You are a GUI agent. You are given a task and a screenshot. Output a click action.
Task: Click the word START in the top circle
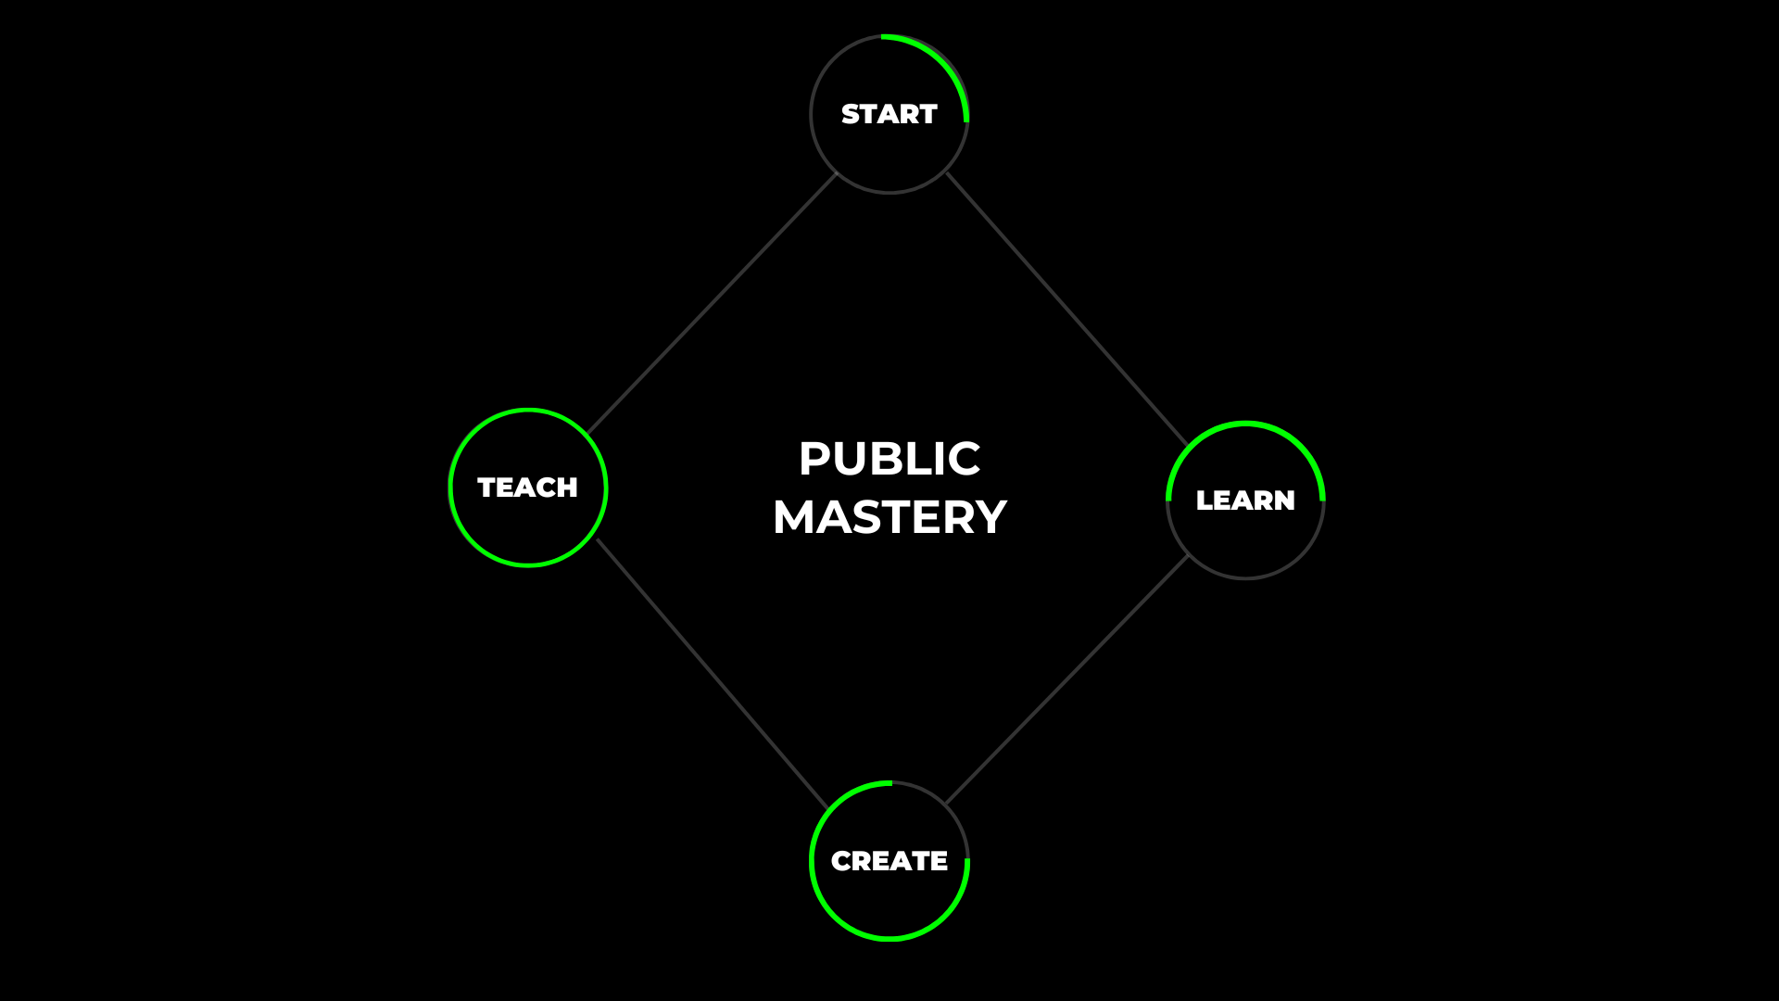[889, 114]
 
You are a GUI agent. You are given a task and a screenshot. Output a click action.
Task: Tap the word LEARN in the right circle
[1244, 500]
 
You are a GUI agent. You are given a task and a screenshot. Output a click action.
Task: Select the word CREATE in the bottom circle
[889, 861]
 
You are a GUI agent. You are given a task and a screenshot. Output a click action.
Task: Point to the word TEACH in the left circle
[527, 488]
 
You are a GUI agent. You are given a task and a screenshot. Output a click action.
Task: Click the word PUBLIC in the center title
[889, 459]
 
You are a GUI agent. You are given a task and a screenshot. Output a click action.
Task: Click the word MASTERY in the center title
[889, 517]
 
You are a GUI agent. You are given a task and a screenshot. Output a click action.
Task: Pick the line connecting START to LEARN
[1066, 308]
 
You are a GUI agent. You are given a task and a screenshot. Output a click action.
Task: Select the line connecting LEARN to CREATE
[1066, 680]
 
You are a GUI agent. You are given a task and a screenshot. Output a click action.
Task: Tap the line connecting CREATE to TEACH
[712, 673]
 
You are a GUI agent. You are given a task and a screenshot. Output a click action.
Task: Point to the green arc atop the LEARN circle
[1246, 424]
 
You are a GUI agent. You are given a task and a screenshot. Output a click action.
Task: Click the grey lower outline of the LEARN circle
[1246, 578]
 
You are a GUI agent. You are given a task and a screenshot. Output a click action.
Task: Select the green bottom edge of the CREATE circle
[889, 939]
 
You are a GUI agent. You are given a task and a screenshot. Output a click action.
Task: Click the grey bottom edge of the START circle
[889, 192]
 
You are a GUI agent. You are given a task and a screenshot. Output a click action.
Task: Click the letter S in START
[850, 114]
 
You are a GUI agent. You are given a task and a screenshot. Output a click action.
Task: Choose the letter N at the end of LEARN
[1284, 500]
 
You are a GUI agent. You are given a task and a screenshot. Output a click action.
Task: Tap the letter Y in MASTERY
[989, 517]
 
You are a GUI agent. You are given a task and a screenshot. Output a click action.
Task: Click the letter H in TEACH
[566, 488]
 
